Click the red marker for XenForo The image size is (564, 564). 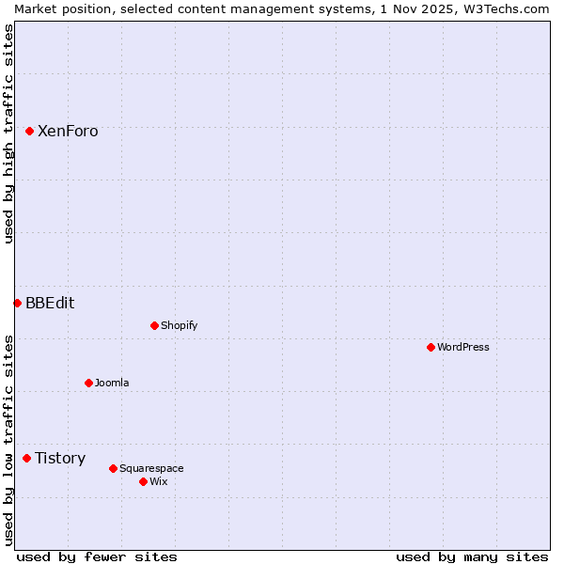[x=30, y=131]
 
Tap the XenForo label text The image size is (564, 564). [x=68, y=132]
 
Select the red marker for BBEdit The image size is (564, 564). [x=17, y=303]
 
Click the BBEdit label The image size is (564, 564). [x=50, y=304]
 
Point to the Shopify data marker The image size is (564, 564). [x=154, y=325]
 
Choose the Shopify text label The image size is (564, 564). [x=179, y=326]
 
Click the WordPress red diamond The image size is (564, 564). [x=431, y=347]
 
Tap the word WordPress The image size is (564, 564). [x=462, y=348]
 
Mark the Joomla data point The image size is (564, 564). [x=88, y=383]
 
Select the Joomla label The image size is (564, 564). [x=112, y=384]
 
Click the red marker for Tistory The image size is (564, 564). [x=26, y=458]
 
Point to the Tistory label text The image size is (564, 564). [x=60, y=459]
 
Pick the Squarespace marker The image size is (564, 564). [x=113, y=468]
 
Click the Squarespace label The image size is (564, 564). [x=151, y=469]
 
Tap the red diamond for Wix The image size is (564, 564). [x=143, y=481]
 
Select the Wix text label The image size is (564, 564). [x=158, y=482]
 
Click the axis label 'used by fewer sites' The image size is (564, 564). [x=97, y=556]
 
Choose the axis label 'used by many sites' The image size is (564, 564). [x=472, y=556]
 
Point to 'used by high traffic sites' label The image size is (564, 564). [x=8, y=133]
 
